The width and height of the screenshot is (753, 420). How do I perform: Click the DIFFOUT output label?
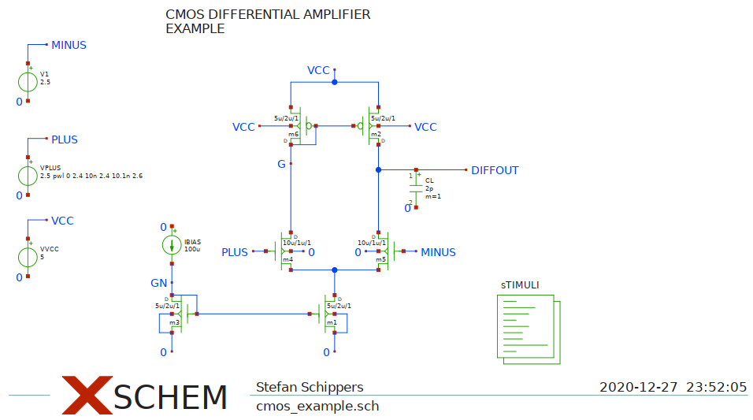[495, 170]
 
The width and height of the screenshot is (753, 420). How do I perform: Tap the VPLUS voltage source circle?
[28, 175]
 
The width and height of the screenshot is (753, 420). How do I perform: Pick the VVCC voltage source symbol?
[28, 257]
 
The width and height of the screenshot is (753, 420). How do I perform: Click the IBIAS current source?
[172, 245]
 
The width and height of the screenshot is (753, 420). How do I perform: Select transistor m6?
[300, 126]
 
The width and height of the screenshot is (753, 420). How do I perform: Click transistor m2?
[370, 126]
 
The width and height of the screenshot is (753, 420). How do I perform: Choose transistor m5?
[385, 252]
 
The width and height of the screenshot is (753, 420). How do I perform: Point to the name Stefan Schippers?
[310, 387]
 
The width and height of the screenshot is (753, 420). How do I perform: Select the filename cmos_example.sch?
[317, 407]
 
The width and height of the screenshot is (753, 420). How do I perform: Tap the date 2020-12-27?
[638, 387]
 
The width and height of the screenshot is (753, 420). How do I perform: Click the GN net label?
[158, 283]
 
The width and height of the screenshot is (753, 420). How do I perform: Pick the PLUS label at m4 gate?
[235, 252]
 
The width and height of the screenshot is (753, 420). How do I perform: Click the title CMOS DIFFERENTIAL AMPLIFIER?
[268, 14]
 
